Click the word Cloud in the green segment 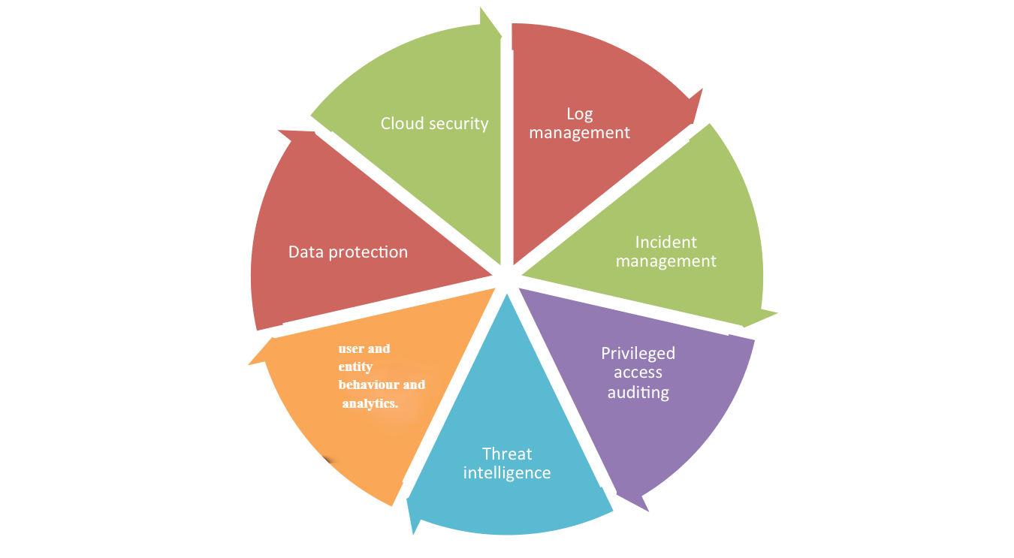(x=401, y=123)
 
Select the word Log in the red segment (x=579, y=114)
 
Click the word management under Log (x=579, y=133)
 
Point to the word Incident (x=665, y=242)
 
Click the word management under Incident (x=665, y=261)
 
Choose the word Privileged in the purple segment (x=638, y=353)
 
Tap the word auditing (x=638, y=392)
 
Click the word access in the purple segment (x=638, y=373)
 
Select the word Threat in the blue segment (x=507, y=454)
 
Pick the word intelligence (x=507, y=473)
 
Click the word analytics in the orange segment (x=370, y=403)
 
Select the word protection (x=368, y=252)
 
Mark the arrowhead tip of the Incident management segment (x=776, y=312)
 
